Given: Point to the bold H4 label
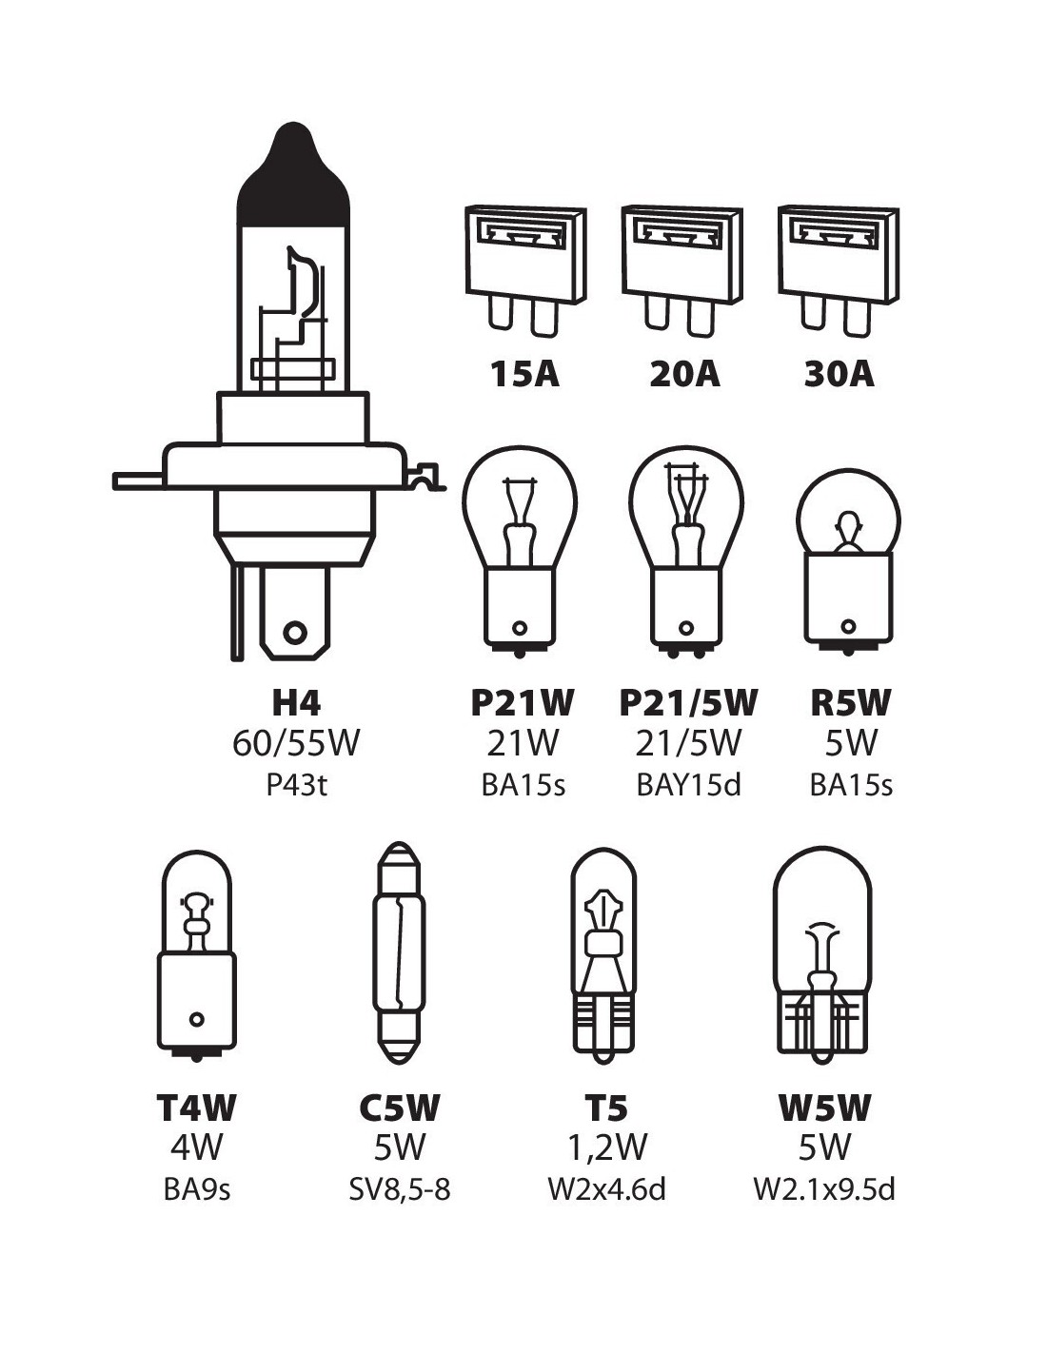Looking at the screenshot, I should [296, 702].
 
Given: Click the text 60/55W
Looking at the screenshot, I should [296, 743].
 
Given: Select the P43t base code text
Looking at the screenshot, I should [296, 785].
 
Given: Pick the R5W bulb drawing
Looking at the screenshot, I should [849, 561].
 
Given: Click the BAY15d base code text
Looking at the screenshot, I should [688, 785].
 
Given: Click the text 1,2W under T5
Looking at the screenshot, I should [607, 1147].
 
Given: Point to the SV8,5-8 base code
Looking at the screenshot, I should [399, 1189].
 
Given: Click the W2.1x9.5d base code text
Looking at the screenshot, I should [824, 1189].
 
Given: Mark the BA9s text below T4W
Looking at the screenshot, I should [197, 1189].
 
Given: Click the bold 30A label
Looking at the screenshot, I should [839, 374].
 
